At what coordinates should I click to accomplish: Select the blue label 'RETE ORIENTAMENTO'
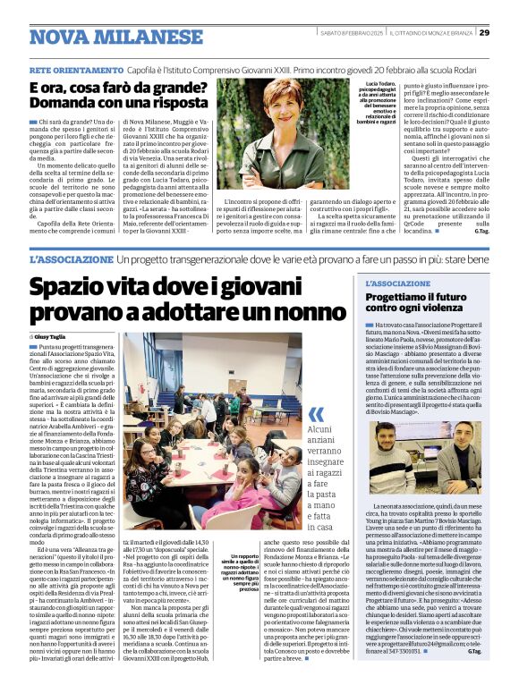[67, 68]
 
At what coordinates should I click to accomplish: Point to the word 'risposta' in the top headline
[167, 105]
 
